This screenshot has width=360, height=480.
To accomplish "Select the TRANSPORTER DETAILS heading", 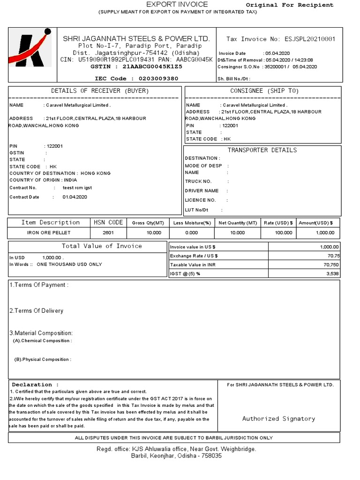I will tap(262, 150).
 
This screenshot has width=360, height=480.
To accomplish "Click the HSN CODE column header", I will tap(109, 223).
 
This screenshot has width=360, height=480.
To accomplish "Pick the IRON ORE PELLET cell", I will tap(49, 232).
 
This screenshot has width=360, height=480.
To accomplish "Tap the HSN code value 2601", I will tap(108, 232).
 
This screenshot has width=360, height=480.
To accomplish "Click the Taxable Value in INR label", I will tap(193, 265).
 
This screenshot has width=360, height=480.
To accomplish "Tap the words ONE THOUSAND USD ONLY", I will tap(69, 264).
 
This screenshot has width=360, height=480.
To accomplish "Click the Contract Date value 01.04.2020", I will tap(75, 197).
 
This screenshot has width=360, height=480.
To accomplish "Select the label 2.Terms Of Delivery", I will tap(37, 311).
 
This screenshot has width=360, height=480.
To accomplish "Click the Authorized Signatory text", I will tap(278, 419).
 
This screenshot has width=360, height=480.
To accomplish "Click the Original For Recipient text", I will tap(290, 5).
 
